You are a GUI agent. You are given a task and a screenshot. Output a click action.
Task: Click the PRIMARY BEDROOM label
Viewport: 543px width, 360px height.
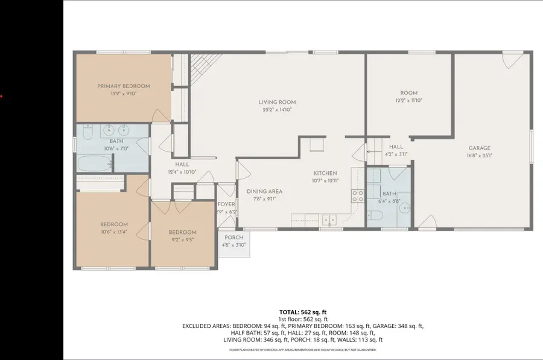point(124,86)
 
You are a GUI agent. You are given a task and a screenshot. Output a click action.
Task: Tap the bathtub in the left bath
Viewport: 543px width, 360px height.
point(95,163)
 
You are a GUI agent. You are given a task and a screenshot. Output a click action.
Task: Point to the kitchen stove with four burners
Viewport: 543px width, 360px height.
point(357,195)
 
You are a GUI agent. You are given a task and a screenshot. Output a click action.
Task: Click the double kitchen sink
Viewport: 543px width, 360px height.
point(329,219)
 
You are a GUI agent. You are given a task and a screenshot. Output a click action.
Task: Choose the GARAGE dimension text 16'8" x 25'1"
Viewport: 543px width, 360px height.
point(480,156)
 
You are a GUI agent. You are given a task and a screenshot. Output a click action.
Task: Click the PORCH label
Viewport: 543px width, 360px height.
point(234,238)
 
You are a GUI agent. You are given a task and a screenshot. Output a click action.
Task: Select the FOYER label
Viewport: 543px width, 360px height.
point(226,204)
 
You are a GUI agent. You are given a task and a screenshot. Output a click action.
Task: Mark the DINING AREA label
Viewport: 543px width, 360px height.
point(264,191)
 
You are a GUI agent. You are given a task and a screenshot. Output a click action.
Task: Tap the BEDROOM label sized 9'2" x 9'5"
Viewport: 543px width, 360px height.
point(182,232)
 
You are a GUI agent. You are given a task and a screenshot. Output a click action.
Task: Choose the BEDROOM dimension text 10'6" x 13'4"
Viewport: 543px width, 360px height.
point(114,232)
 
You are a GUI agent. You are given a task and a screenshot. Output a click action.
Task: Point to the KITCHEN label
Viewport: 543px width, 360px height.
point(325,173)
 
